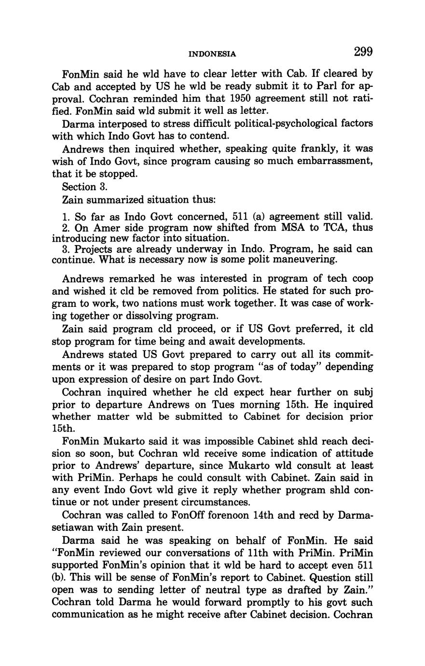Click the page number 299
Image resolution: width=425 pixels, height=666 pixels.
click(363, 51)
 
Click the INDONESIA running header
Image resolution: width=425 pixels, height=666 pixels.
click(212, 54)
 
